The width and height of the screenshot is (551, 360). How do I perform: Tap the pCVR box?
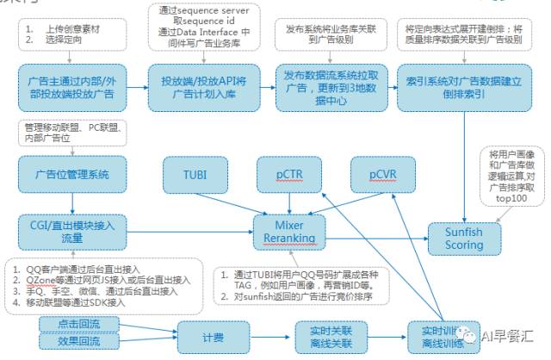[381, 174]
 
